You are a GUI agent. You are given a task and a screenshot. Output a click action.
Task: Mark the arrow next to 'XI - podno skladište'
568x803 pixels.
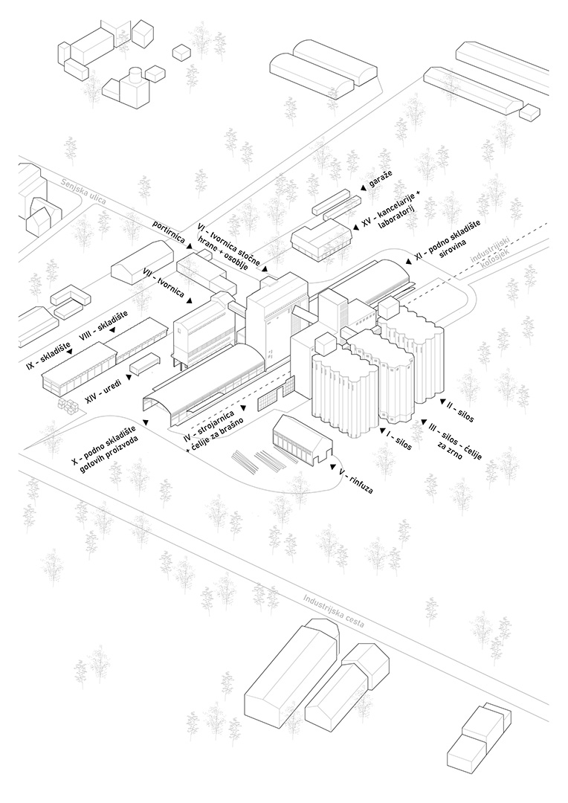coord(408,259)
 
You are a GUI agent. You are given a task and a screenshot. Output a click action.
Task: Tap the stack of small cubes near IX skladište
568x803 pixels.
coord(69,405)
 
